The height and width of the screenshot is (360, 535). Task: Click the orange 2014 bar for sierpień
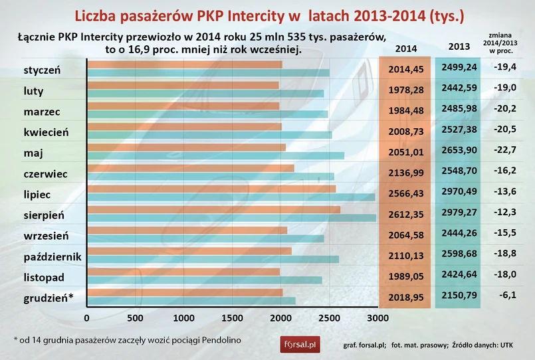coord(213,210)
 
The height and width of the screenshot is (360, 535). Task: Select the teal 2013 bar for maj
coord(215,155)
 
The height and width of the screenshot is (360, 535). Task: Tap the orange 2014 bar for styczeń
coord(184,64)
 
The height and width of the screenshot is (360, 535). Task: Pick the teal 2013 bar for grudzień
coord(191,301)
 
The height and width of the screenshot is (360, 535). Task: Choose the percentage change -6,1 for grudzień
coord(505,295)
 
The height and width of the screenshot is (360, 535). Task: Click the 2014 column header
coord(406,48)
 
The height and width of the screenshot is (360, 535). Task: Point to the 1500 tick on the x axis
coord(231,318)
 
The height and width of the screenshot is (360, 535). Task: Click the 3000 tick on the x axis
coord(376,318)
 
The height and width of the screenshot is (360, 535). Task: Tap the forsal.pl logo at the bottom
coord(300,344)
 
